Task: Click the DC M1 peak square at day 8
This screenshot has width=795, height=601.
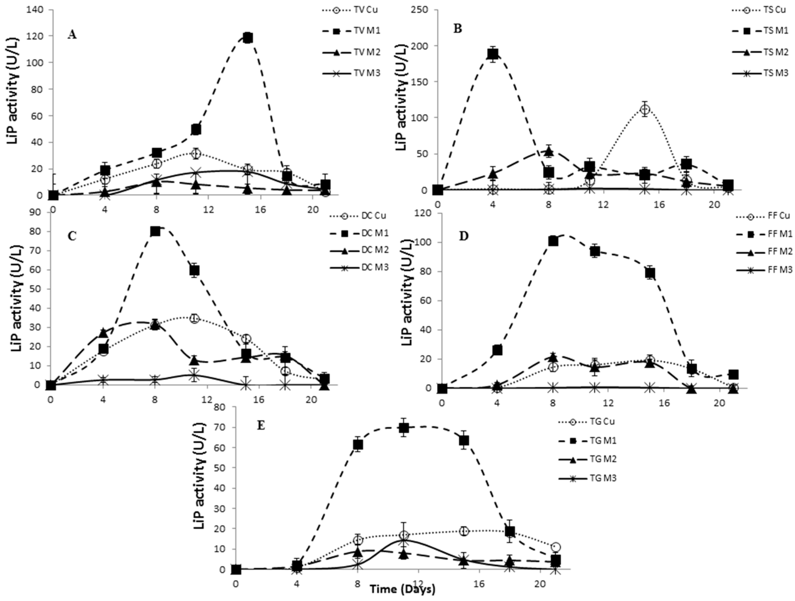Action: (155, 231)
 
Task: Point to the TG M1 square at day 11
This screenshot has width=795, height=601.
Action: (404, 428)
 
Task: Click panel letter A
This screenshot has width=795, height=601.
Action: (72, 35)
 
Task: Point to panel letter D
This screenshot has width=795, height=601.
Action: (464, 238)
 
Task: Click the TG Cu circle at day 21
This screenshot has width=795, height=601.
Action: (556, 547)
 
